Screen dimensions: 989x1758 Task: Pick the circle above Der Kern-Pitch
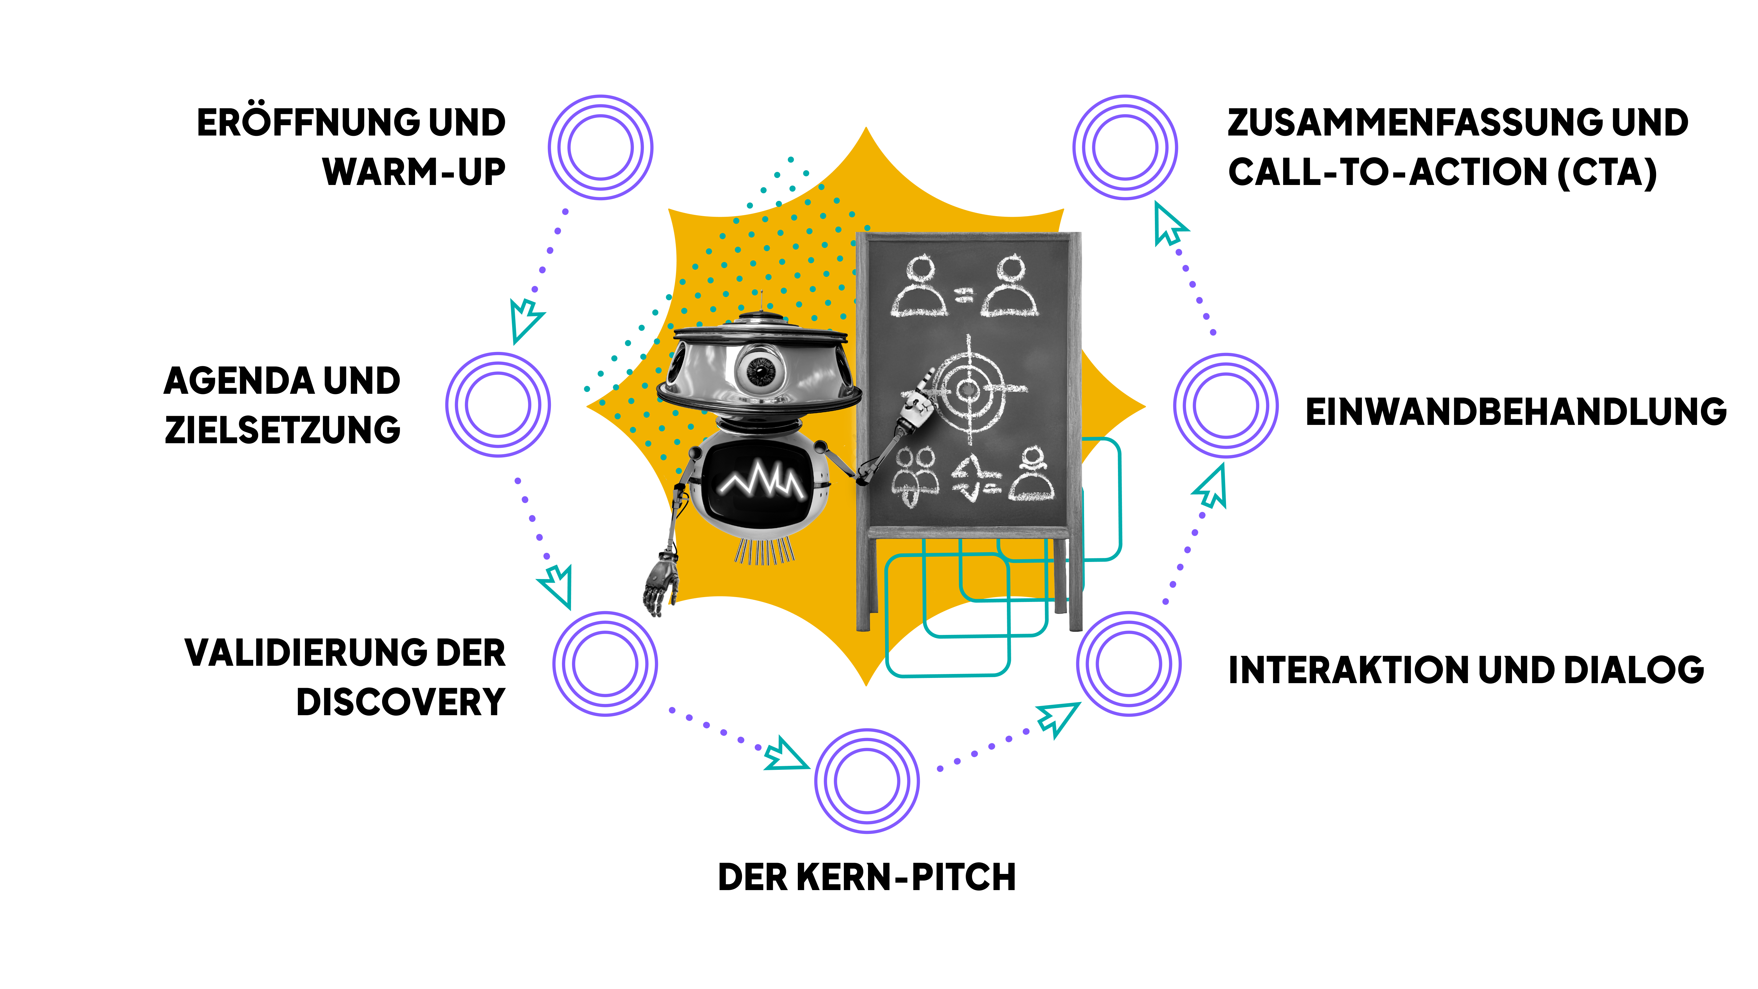click(867, 781)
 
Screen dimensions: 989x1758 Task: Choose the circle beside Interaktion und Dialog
click(1129, 663)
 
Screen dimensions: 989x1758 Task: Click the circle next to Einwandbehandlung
click(1226, 405)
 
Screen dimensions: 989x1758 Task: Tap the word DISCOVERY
click(401, 702)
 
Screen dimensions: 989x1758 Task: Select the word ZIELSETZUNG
click(283, 430)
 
